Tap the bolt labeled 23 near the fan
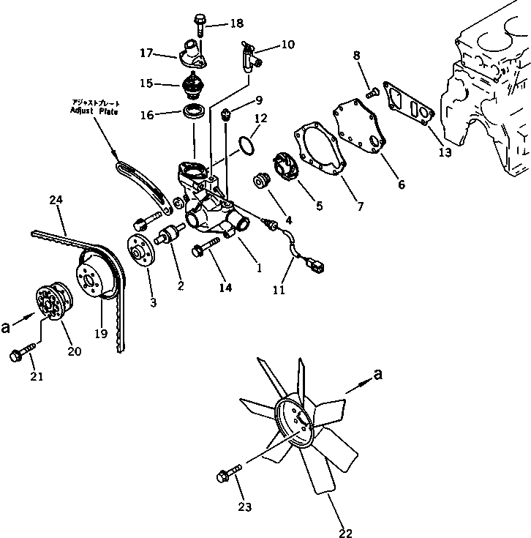[x=227, y=474]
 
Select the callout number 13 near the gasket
[x=445, y=153]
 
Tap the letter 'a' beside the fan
[x=377, y=375]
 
